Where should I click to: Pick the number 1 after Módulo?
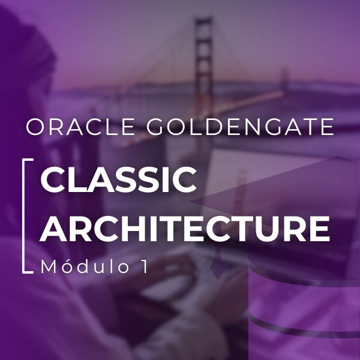click(x=142, y=267)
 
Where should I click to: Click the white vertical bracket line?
click(x=24, y=216)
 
